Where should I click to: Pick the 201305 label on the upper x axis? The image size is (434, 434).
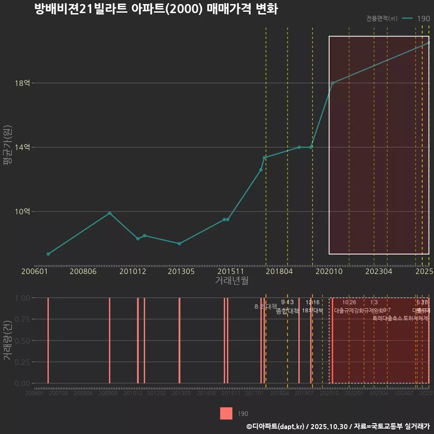[181, 272]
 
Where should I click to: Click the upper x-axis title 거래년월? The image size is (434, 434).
[231, 281]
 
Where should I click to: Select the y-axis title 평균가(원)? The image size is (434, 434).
[8, 147]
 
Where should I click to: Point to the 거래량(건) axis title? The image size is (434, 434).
[8, 340]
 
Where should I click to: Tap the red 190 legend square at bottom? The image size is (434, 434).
[226, 414]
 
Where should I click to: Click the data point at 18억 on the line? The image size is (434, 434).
[332, 83]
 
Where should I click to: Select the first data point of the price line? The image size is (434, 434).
[48, 254]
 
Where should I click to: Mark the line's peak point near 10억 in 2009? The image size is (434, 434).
[109, 213]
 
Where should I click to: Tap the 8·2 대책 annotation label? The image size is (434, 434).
[265, 307]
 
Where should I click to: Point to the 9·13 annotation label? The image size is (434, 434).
[287, 302]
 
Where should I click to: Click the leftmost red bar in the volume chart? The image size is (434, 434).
[48, 340]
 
